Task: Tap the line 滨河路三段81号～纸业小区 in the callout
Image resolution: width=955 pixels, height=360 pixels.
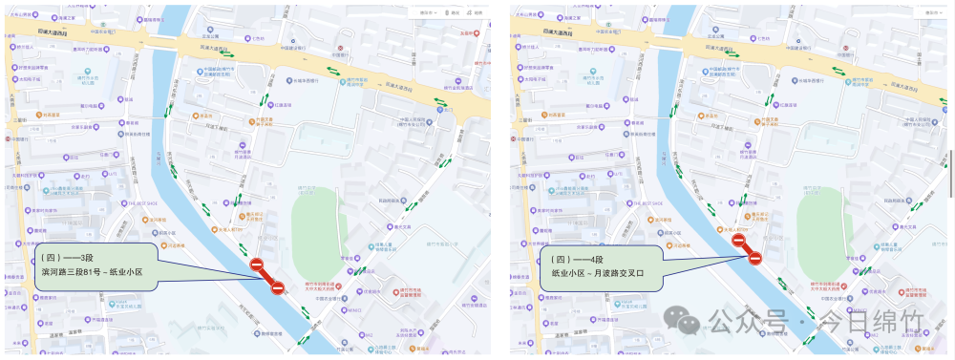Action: point(92,272)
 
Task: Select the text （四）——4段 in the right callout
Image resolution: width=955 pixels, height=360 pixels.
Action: point(576,258)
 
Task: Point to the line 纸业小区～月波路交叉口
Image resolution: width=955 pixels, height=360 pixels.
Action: point(599,272)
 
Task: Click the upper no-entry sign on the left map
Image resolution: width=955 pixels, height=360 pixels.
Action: point(256,265)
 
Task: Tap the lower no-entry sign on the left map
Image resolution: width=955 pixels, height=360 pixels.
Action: point(278,287)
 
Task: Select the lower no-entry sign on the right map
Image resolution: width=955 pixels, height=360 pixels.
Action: point(755,258)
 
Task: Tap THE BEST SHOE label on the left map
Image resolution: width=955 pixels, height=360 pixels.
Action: point(139,203)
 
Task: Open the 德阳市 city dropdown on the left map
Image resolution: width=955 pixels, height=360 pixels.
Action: point(427,12)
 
